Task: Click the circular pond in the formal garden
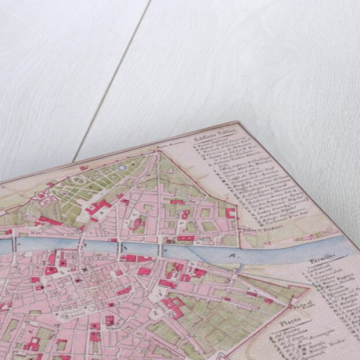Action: click(123, 168)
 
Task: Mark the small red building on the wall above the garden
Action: click(84, 167)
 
